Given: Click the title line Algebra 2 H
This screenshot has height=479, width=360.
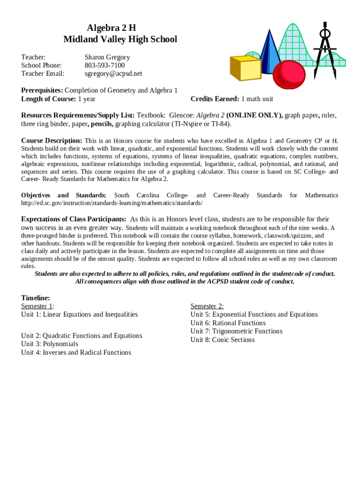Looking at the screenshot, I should tap(120, 28).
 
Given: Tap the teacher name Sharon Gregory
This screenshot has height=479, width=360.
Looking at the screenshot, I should tap(107, 57).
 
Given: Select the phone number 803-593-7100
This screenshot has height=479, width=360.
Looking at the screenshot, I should tap(105, 65).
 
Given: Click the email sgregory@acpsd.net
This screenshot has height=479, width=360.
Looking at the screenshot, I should tap(113, 74).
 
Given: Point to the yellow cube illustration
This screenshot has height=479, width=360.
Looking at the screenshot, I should tap(245, 68).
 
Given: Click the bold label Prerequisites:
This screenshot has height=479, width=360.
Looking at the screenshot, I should tap(42, 90).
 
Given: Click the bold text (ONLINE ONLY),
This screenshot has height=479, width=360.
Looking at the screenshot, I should tap(254, 115).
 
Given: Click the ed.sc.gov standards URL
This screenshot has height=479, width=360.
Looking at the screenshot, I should tap(112, 203).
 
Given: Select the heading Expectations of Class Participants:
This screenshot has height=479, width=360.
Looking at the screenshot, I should tap(73, 219).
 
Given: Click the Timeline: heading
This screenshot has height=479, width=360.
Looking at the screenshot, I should tap(36, 298).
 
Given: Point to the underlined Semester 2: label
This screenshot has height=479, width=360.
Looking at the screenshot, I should tap(207, 306).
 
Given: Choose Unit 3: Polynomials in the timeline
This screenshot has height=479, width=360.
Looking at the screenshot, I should tap(50, 344).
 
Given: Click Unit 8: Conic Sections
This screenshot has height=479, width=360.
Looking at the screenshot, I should tap(223, 340).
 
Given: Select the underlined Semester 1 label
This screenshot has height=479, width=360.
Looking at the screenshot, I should tap(37, 306).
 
